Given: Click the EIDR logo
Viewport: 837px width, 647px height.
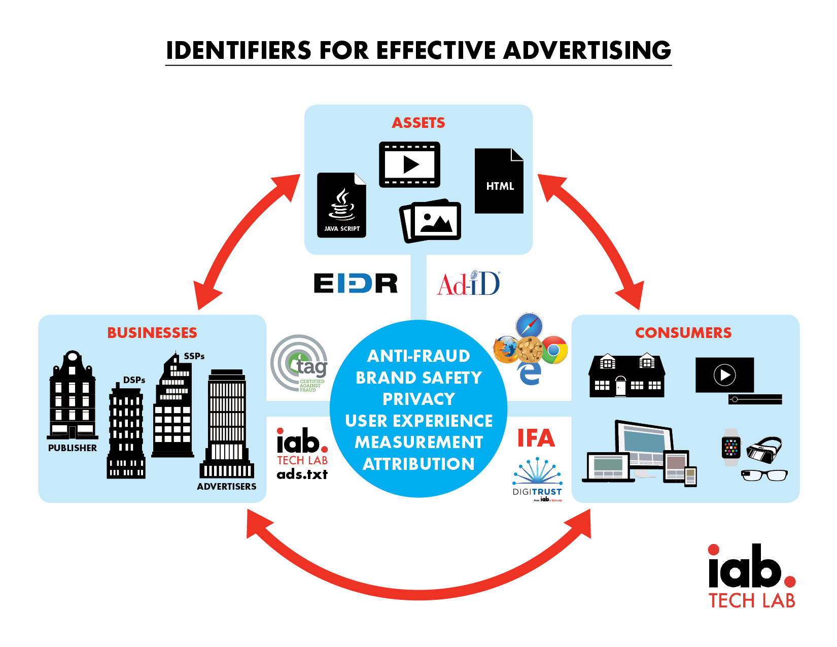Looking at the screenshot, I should [x=355, y=283].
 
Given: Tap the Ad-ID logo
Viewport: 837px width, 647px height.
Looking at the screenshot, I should [x=469, y=283].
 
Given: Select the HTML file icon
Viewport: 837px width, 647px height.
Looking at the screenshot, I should [x=499, y=181].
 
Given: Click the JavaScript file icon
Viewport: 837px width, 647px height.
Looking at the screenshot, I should [x=341, y=206].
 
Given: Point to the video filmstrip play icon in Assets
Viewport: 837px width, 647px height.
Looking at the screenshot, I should [x=409, y=164].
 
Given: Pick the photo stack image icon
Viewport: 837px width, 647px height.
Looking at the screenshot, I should [x=431, y=221].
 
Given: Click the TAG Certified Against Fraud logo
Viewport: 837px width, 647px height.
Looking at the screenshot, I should [x=300, y=363].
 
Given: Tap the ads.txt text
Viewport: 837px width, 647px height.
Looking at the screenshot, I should [x=302, y=474].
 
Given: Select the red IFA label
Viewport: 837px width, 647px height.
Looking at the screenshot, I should [x=536, y=438].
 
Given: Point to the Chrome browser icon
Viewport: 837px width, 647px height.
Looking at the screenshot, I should [x=554, y=350].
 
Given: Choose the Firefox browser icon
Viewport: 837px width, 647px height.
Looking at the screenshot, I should [x=505, y=350].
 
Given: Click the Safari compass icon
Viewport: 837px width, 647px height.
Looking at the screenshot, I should [x=529, y=325].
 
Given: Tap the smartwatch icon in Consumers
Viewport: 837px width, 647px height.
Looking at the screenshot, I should [x=731, y=447].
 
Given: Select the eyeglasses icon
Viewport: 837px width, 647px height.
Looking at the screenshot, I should [x=764, y=475].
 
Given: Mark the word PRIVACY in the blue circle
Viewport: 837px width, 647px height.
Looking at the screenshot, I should [x=419, y=399].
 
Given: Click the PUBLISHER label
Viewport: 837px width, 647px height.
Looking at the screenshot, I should [x=73, y=448].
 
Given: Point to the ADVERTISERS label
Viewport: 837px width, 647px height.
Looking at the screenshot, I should [x=227, y=487].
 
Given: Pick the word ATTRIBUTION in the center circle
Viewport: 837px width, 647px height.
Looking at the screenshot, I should [x=419, y=464].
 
